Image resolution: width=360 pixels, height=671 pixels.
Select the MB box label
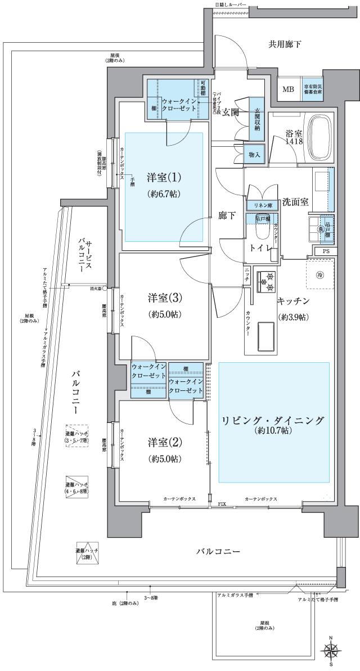(x=287, y=89)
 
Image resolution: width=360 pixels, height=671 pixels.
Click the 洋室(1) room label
(x=164, y=177)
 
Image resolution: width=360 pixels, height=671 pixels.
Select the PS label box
(x=326, y=251)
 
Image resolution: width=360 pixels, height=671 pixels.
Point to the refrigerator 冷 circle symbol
(x=319, y=275)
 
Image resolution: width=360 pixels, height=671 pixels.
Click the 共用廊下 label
(x=285, y=44)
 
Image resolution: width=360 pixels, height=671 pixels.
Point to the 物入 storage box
(x=254, y=155)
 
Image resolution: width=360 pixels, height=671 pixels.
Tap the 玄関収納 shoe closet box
(x=257, y=119)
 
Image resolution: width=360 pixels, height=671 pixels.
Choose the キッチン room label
(x=292, y=301)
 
